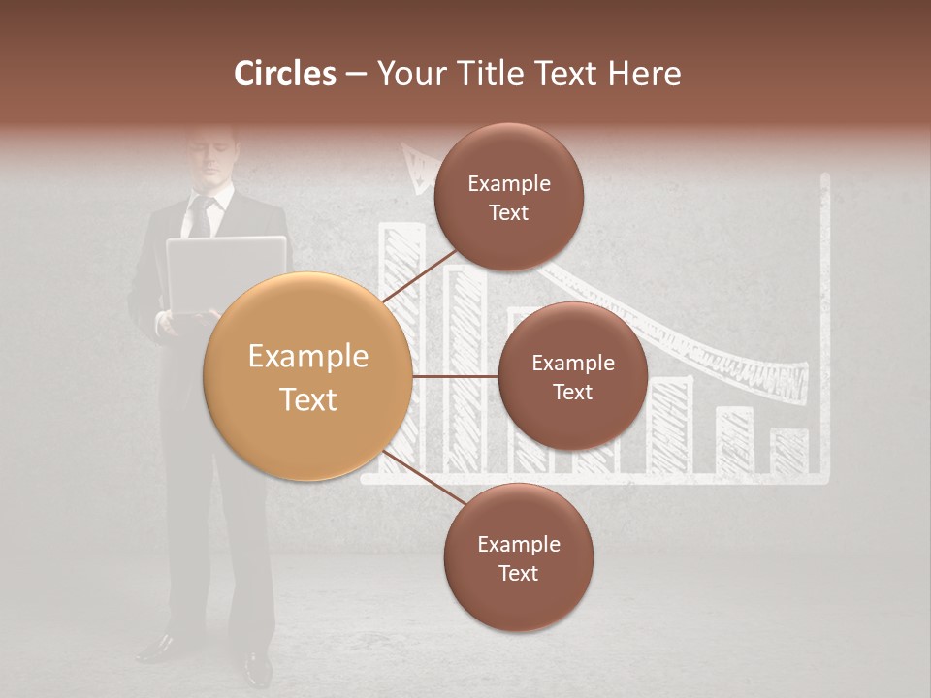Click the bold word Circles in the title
coord(285,74)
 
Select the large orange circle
coord(308,376)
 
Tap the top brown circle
coord(508,198)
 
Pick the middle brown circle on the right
coord(572,376)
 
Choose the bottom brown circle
coord(518,557)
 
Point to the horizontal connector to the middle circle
coord(455,376)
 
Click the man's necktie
coord(201,217)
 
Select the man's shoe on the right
coord(257,667)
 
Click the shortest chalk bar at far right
coord(789,451)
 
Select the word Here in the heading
coord(645,74)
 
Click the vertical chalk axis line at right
coord(825,320)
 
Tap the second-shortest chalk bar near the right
coord(734,440)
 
